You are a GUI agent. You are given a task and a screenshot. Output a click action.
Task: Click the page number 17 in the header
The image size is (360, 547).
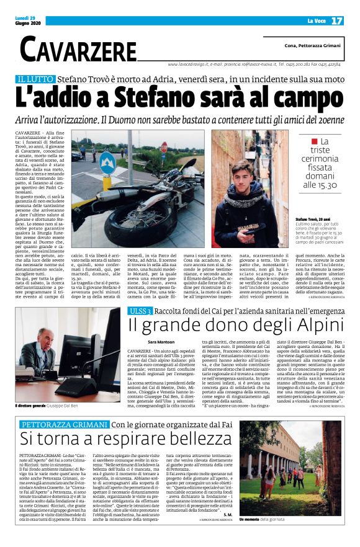[x=336, y=20]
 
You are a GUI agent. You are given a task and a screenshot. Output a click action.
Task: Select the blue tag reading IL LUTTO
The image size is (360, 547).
[x=35, y=79]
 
